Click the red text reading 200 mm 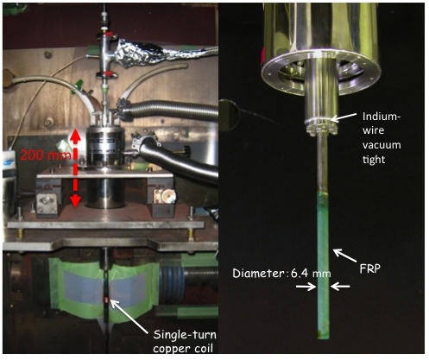[x=46, y=155]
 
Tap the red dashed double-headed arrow [x=75, y=168]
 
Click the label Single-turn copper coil [x=185, y=342]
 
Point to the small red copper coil [x=106, y=300]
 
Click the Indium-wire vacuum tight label [x=382, y=137]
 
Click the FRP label [x=370, y=268]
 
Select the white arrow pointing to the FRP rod [x=344, y=256]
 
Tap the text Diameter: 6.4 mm [x=281, y=273]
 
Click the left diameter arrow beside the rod [x=306, y=287]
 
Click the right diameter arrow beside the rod [x=340, y=287]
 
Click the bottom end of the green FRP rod [x=324, y=338]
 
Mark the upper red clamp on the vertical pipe [x=108, y=36]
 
